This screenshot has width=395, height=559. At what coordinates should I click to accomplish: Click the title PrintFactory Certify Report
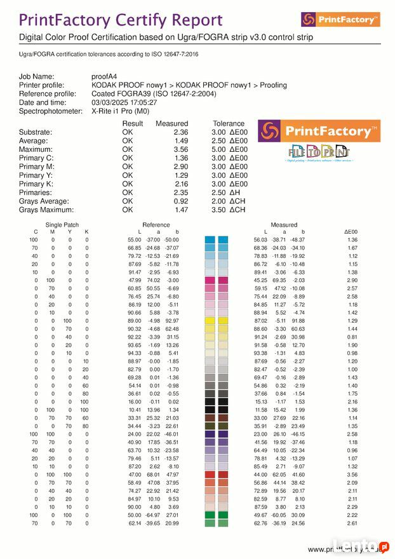tap(121, 20)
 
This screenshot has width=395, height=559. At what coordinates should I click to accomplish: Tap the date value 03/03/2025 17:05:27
tap(124, 102)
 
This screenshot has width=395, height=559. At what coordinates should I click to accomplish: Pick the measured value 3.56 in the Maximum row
tap(181, 149)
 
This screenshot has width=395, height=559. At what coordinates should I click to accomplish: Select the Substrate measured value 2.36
tap(181, 132)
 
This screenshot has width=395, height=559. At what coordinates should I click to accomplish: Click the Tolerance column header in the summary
tap(229, 123)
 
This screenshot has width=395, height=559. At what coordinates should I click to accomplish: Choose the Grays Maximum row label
tap(46, 210)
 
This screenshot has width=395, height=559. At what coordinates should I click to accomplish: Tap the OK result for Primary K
tap(128, 184)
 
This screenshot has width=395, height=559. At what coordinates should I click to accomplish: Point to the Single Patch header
tap(62, 224)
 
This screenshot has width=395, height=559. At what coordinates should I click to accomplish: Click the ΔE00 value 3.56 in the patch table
tap(351, 474)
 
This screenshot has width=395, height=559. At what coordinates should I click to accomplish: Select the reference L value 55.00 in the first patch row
tap(135, 239)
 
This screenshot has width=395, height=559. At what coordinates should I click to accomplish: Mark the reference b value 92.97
tap(171, 321)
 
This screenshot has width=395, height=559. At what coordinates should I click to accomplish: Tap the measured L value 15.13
tap(260, 401)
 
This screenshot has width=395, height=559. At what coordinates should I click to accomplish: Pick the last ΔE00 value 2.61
tap(351, 523)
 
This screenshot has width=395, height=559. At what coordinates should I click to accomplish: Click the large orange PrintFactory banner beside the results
tap(318, 131)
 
